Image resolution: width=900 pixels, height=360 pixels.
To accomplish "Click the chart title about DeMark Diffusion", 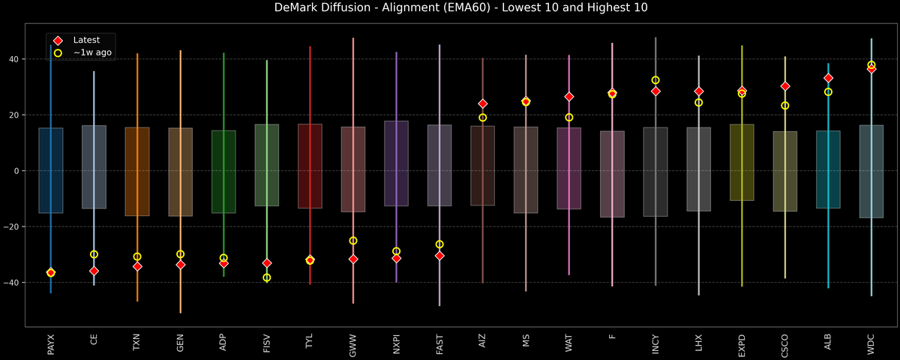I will pyautogui.click(x=450, y=8).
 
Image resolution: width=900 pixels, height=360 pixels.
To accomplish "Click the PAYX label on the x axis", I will pyautogui.click(x=51, y=345).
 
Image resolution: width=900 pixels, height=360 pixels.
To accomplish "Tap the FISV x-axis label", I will pyautogui.click(x=267, y=345).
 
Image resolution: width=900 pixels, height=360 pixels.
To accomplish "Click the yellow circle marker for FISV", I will pyautogui.click(x=267, y=277).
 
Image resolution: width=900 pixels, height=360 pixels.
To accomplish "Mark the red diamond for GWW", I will pyautogui.click(x=353, y=259).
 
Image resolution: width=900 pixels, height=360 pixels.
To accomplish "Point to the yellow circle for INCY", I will pyautogui.click(x=655, y=80).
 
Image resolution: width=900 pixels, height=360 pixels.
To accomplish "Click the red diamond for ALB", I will pyautogui.click(x=828, y=78).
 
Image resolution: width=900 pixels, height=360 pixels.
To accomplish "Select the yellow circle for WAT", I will pyautogui.click(x=569, y=117).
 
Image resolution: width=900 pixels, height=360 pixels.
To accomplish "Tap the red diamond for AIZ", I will pyautogui.click(x=483, y=103).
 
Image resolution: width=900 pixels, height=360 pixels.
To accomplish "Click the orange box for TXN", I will pyautogui.click(x=137, y=172).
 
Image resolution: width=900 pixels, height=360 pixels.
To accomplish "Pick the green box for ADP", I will pyautogui.click(x=223, y=172).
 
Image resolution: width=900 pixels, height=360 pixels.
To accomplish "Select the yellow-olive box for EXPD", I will pyautogui.click(x=742, y=163).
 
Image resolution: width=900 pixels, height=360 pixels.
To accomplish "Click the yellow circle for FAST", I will pyautogui.click(x=439, y=244).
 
